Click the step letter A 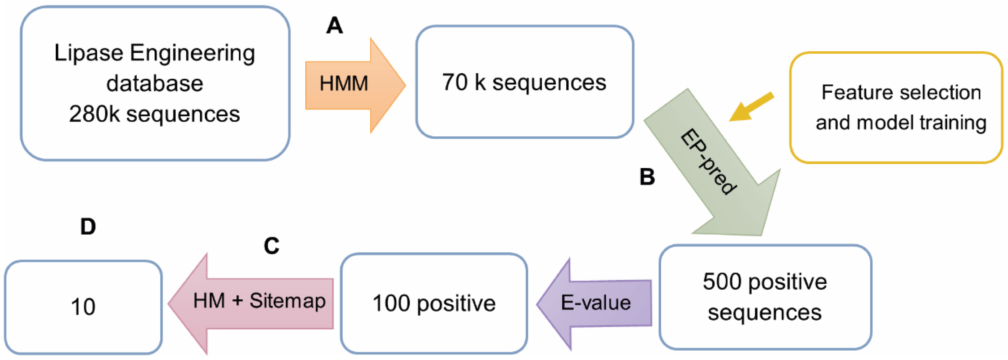[334, 26]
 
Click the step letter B [647, 176]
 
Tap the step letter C [271, 246]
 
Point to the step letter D [88, 226]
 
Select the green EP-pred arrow [716, 168]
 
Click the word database [155, 83]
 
